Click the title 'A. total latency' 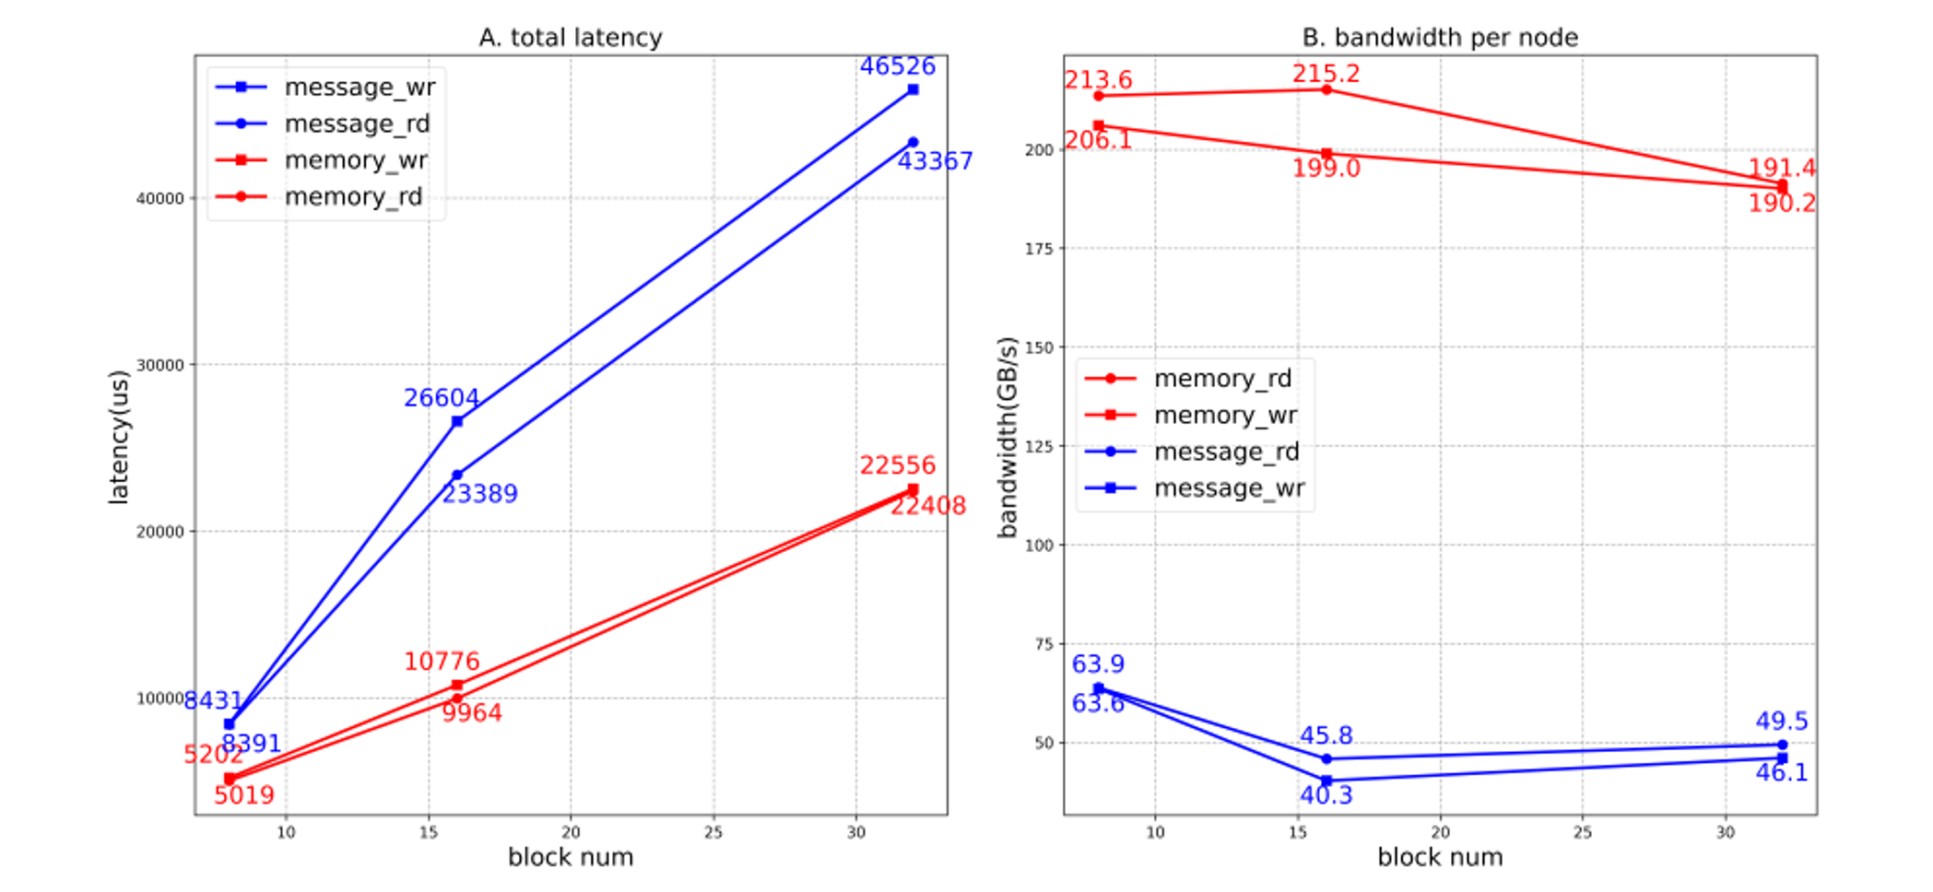point(570,38)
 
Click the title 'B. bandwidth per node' point(1439,38)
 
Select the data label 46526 point(897,66)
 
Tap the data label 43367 point(935,161)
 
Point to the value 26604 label point(441,398)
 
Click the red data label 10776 point(441,662)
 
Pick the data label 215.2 point(1326,74)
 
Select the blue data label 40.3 point(1326,795)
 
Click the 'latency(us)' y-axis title point(119,437)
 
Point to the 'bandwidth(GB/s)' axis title point(1008,437)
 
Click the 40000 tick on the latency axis point(159,198)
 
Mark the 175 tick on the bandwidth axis point(1039,249)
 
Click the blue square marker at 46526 point(913,89)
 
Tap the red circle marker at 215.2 point(1326,89)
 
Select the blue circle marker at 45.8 point(1326,759)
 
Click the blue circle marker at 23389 point(457,475)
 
